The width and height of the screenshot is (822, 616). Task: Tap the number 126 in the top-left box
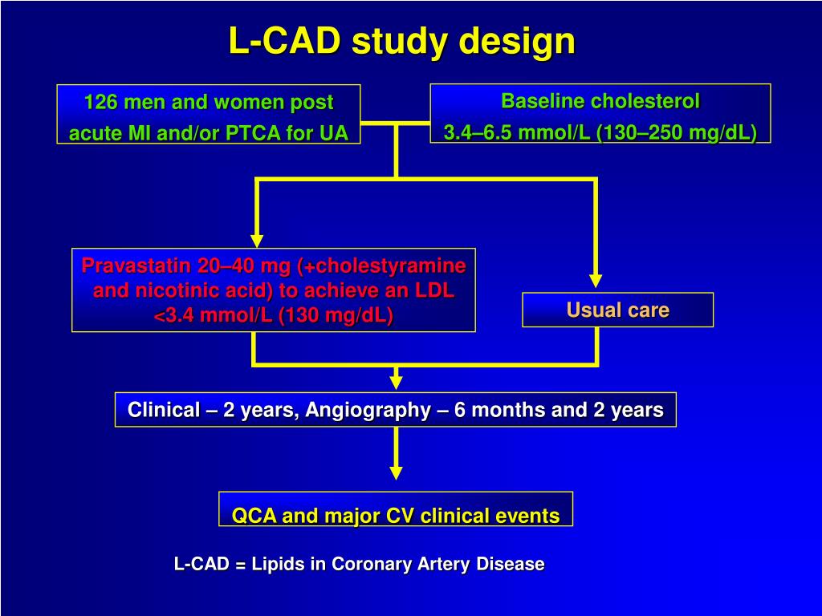pos(100,102)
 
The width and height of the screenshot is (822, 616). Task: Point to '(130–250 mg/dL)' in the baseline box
pos(677,132)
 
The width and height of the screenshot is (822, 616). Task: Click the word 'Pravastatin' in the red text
pos(136,265)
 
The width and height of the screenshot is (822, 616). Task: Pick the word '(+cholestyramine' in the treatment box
pos(381,266)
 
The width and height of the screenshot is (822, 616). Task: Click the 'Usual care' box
pos(618,310)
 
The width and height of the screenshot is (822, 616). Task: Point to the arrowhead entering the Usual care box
pos(595,281)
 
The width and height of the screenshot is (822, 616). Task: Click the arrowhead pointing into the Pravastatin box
pos(257,241)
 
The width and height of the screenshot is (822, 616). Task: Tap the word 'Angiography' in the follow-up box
pos(368,410)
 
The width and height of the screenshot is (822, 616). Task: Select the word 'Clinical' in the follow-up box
pos(164,410)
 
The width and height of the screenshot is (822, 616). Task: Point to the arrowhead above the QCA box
pos(397,472)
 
